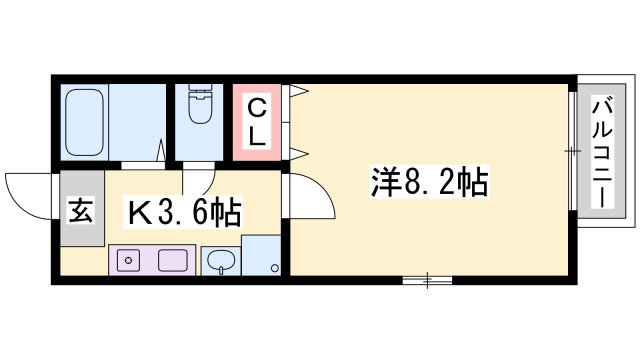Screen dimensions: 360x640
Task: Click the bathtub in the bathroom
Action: pyautogui.click(x=87, y=121)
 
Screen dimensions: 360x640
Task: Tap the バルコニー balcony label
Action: pyautogui.click(x=603, y=150)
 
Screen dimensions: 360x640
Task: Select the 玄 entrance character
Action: pyautogui.click(x=79, y=212)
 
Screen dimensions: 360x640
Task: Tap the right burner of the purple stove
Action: pyautogui.click(x=165, y=261)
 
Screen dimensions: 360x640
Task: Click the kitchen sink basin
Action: pyautogui.click(x=219, y=263)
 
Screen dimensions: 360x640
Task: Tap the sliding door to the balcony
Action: pyautogui.click(x=573, y=151)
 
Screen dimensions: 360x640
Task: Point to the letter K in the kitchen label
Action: pyautogui.click(x=138, y=212)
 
